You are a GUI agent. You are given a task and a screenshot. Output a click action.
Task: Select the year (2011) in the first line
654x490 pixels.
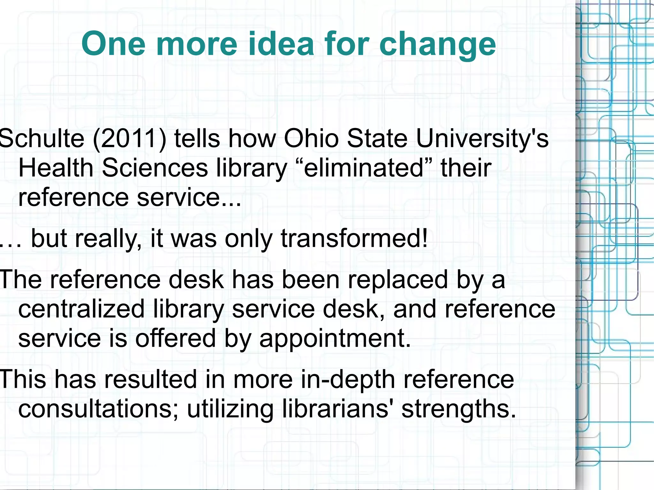click(130, 139)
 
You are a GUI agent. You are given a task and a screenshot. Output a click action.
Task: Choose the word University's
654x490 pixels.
click(482, 139)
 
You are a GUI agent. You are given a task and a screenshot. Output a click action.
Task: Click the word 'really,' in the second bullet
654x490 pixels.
click(108, 239)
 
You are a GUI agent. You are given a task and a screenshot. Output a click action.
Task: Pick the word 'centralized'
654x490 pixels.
click(81, 309)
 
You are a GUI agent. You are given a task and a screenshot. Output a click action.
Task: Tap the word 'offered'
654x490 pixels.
click(175, 338)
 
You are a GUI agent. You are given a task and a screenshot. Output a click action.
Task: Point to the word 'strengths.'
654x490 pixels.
click(459, 410)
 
